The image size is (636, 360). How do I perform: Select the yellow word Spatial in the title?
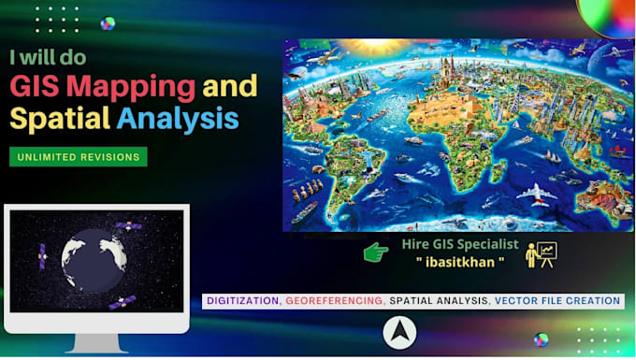click(x=60, y=119)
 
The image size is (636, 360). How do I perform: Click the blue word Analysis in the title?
click(x=178, y=119)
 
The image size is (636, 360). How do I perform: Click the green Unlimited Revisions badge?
click(x=79, y=157)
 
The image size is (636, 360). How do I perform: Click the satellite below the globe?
click(x=123, y=303)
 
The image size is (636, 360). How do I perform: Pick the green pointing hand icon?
click(x=376, y=252)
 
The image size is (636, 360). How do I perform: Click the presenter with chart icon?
click(x=541, y=252)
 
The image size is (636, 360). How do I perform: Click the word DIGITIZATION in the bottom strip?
click(x=242, y=301)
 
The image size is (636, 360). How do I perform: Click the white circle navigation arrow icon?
click(x=399, y=332)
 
